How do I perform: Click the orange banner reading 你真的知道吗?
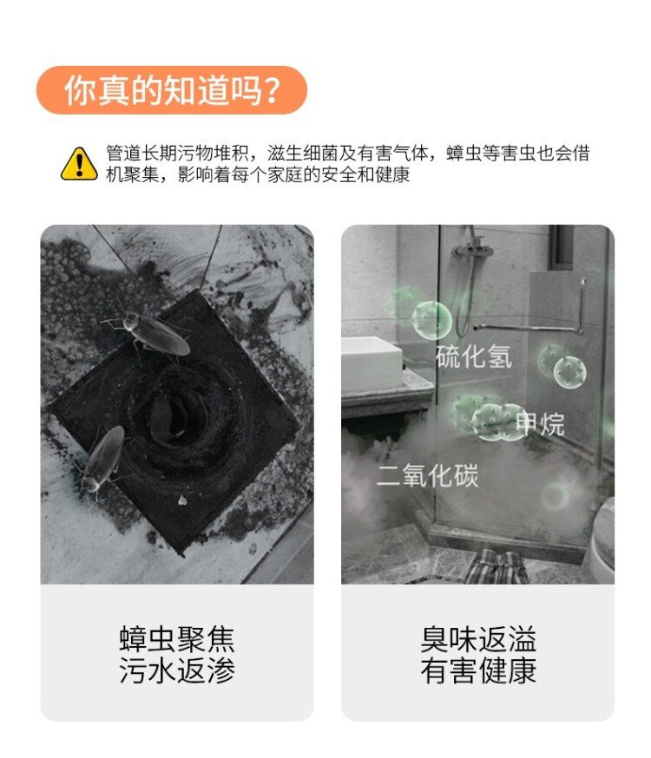(172, 90)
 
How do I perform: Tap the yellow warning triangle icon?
(79, 165)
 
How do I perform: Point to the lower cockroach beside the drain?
(102, 458)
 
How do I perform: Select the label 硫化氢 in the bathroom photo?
(474, 356)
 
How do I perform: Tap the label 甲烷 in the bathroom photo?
(540, 424)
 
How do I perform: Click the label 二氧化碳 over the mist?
(428, 475)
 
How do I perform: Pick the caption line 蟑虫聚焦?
(177, 639)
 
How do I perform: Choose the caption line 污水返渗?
(177, 670)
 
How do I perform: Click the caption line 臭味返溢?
(478, 639)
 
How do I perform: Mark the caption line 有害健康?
(478, 670)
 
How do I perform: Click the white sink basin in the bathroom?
(372, 363)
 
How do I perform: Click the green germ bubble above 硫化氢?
(431, 319)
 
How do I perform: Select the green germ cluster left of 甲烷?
(488, 416)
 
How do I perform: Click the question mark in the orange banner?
(273, 90)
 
